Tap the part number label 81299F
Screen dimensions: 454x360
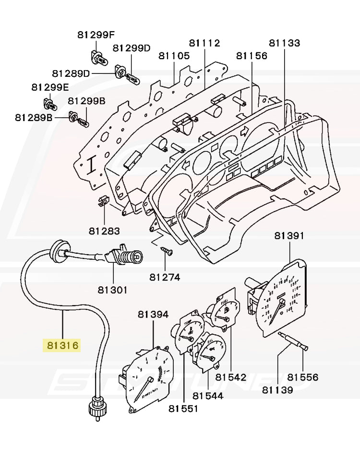tap(96, 35)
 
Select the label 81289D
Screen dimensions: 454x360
tap(71, 73)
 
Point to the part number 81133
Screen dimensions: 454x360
tap(284, 43)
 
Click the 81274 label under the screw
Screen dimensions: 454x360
tap(165, 277)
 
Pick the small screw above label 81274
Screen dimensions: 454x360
tap(167, 250)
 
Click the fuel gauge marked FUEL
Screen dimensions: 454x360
tap(225, 312)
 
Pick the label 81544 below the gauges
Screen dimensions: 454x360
tap(208, 396)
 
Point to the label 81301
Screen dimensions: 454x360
tap(113, 290)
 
